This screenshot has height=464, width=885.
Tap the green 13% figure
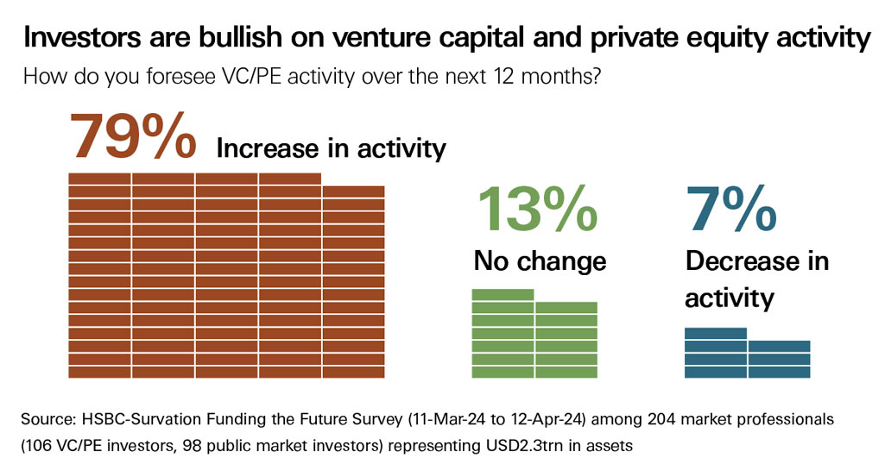pyautogui.click(x=536, y=209)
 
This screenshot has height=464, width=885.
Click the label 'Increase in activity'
pyautogui.click(x=331, y=148)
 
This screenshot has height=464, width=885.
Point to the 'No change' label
pyautogui.click(x=540, y=260)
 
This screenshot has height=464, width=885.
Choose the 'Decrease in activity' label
pyautogui.click(x=756, y=279)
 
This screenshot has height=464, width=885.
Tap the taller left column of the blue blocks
pyautogui.click(x=716, y=353)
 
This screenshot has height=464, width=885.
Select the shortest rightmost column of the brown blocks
pyautogui.click(x=353, y=281)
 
